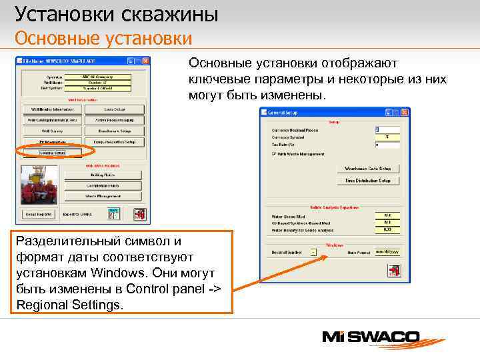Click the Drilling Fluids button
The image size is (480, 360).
(x=103, y=175)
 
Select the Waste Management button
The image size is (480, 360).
(x=103, y=196)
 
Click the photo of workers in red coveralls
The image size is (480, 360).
(x=39, y=185)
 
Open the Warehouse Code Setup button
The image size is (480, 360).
(x=368, y=169)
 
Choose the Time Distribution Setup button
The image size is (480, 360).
(x=368, y=180)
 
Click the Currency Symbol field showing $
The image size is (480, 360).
(x=387, y=137)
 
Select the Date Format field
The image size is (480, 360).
(x=387, y=252)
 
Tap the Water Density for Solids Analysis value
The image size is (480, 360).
(x=387, y=229)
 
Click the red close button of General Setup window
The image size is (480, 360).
(x=405, y=113)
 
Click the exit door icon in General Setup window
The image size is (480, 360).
(x=393, y=270)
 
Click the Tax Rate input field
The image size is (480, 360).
(x=387, y=144)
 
